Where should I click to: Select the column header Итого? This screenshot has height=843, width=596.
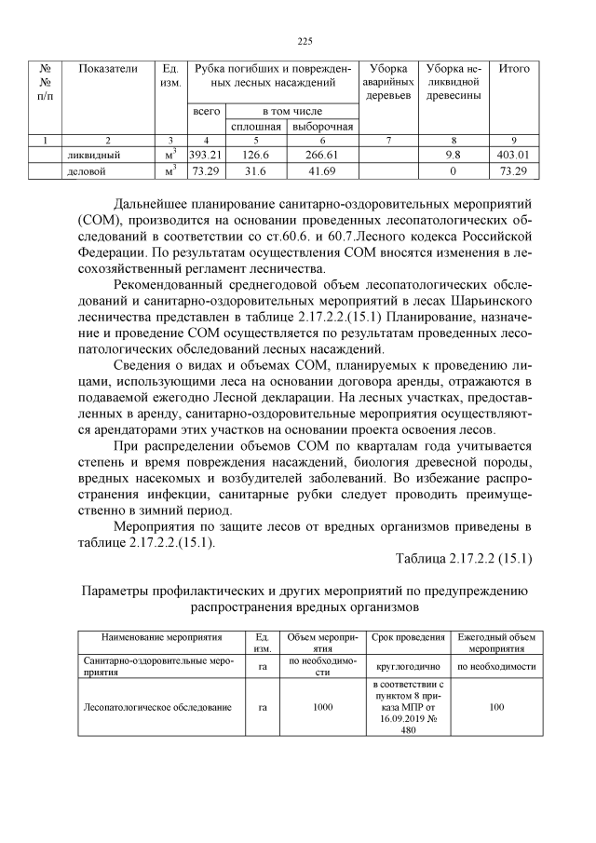click(x=514, y=69)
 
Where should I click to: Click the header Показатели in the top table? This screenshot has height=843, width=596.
click(x=107, y=69)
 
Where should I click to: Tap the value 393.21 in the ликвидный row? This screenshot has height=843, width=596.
click(x=206, y=155)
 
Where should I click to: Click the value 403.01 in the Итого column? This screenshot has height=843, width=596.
click(x=514, y=155)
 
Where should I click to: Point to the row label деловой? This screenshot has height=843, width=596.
click(x=87, y=171)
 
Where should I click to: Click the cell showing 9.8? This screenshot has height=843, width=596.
click(x=454, y=155)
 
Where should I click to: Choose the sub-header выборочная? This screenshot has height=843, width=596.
click(x=322, y=126)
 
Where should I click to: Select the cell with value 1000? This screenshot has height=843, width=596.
click(x=322, y=707)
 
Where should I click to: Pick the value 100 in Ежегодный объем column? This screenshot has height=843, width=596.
click(x=496, y=707)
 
